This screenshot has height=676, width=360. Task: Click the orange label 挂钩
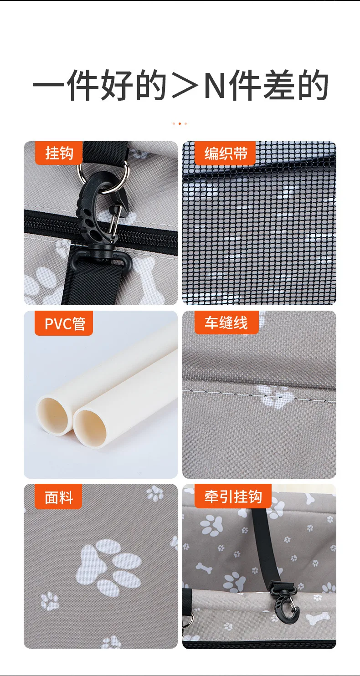[59, 153]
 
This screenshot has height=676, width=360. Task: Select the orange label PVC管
[64, 323]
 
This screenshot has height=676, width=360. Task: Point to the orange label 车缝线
[226, 323]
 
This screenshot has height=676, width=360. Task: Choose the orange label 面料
[59, 497]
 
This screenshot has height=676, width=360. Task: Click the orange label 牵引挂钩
[233, 496]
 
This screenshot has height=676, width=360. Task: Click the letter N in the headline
[215, 85]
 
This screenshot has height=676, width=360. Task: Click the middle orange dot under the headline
[180, 124]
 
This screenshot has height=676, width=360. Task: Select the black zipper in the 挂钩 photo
[101, 230]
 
